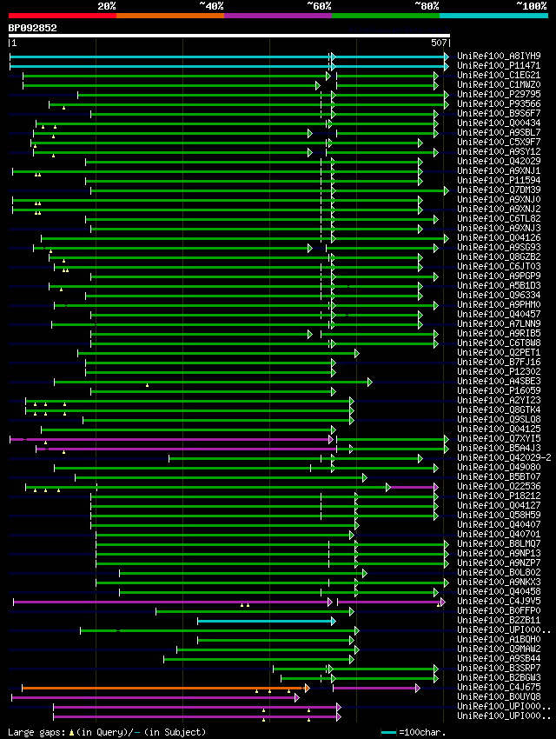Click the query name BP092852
coord(32,28)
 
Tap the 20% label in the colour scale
coord(107,5)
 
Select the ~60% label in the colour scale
coord(319,5)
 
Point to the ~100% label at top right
coord(531,5)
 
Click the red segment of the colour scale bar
coord(62,15)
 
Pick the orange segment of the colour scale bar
coord(169,15)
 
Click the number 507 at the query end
coord(439,42)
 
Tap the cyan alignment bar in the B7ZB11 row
coord(265,621)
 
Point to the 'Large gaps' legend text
coord(36,732)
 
